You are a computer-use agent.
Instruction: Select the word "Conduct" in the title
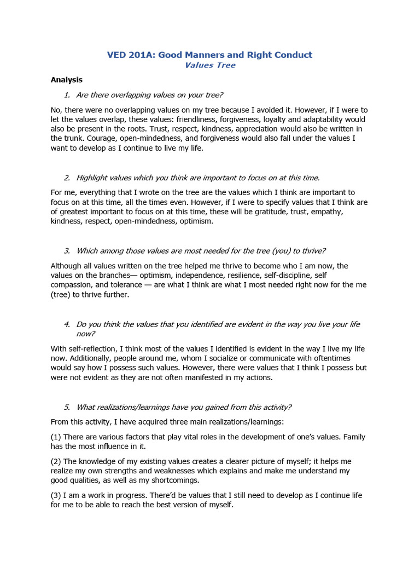(293, 55)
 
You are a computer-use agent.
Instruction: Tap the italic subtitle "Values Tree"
(210, 65)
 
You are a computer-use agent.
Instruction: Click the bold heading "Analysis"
(66, 79)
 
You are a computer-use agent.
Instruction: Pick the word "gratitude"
(265, 211)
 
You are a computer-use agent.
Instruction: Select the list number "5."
(67, 407)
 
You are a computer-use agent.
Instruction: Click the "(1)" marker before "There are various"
(56, 437)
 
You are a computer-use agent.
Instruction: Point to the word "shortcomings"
(178, 480)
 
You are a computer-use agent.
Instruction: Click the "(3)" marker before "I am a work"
(56, 495)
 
